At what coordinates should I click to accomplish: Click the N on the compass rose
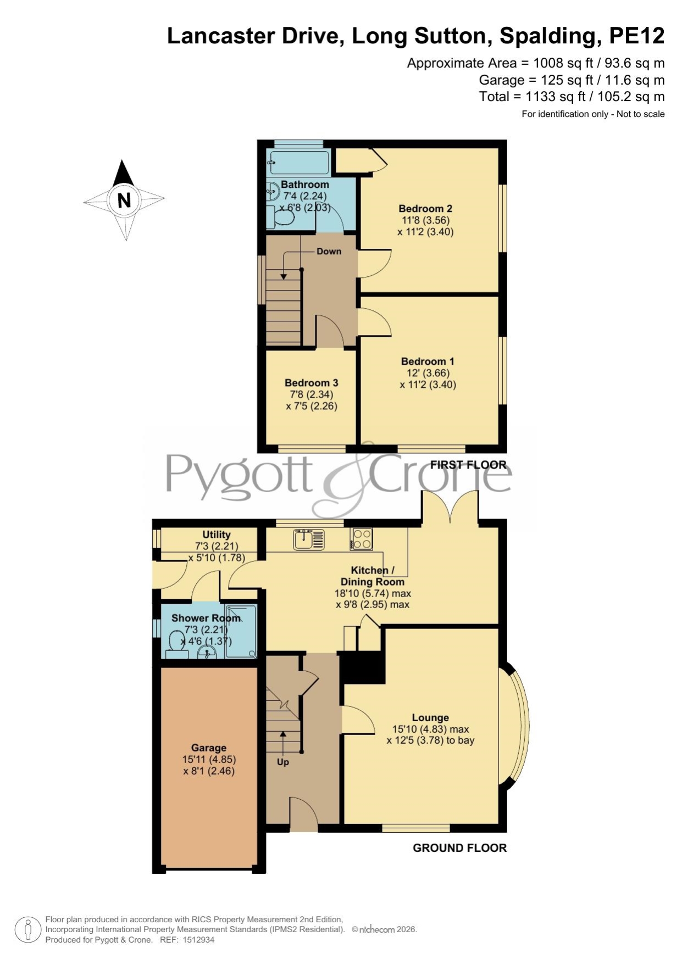pos(124,200)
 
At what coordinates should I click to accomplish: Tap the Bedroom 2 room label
pos(425,209)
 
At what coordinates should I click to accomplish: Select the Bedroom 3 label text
pos(311,383)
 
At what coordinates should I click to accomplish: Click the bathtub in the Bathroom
pos(298,162)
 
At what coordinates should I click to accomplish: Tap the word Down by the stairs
pos(329,251)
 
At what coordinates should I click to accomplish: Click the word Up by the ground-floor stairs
pos(282,762)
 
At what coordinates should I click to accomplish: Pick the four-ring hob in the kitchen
pos(362,538)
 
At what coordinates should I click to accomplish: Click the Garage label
pos(209,748)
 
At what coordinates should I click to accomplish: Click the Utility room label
pos(217,534)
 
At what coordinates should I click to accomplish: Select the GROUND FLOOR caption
pos(459,848)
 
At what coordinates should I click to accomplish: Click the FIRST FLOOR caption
pos(468,465)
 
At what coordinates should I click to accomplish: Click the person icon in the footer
pos(27,930)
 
